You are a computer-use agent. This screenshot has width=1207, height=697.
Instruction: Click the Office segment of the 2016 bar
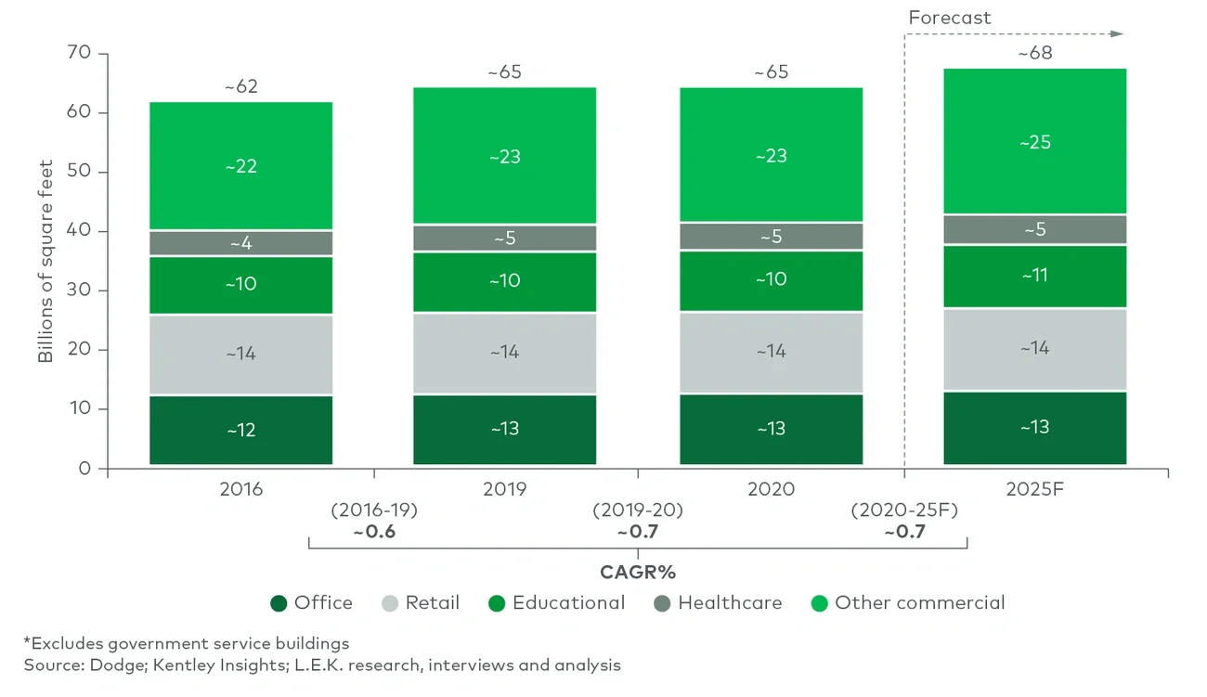click(240, 430)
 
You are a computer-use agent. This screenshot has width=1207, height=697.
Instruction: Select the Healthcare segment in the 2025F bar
click(1034, 229)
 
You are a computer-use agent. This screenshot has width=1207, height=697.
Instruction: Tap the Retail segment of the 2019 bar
click(504, 352)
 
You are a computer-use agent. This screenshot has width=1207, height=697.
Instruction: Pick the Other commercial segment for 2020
click(771, 155)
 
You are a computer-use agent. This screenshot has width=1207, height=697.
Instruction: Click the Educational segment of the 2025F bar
click(1034, 275)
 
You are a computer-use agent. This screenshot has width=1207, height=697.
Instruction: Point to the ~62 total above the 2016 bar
click(240, 87)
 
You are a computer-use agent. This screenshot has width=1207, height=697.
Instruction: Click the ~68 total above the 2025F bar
click(1034, 53)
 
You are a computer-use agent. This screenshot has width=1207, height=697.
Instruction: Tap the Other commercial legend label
click(919, 603)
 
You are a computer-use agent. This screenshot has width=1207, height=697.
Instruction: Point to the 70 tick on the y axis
click(79, 54)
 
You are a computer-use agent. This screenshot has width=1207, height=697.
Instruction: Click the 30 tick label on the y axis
click(79, 290)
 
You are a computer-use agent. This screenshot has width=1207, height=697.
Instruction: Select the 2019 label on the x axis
click(504, 488)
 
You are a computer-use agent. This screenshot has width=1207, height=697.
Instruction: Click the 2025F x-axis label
click(1034, 488)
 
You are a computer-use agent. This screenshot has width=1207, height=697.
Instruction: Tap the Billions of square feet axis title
click(45, 262)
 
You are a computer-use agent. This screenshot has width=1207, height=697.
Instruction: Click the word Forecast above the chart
click(949, 18)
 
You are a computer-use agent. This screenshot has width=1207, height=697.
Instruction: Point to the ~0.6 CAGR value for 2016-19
click(374, 532)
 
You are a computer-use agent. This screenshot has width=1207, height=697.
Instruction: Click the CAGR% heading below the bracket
click(637, 572)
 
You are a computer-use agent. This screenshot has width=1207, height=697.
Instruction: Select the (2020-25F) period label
click(903, 510)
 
